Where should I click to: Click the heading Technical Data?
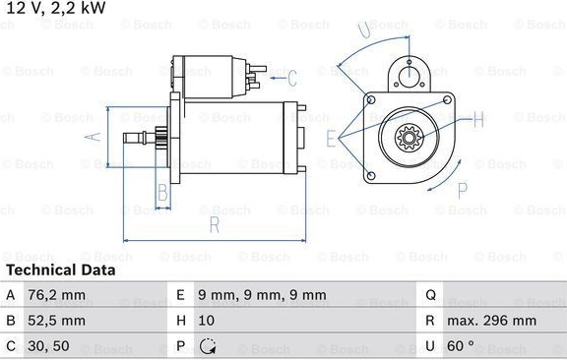[61, 270]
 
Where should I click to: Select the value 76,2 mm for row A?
[57, 295]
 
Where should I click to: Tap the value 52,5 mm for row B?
[57, 321]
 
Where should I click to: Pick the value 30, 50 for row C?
[48, 346]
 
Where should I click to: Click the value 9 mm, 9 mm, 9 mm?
[262, 295]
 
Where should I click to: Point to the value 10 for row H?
[206, 321]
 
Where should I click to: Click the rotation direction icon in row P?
[208, 346]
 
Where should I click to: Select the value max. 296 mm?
[492, 321]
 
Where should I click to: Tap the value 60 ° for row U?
[461, 346]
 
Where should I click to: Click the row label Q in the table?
[431, 295]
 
